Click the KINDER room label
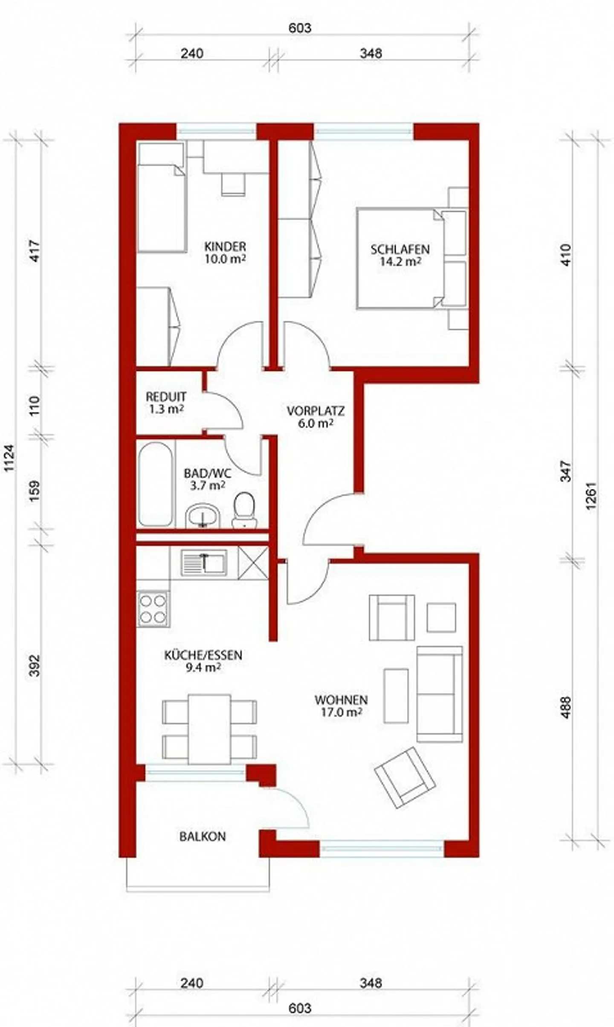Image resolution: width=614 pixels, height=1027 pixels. pyautogui.click(x=225, y=246)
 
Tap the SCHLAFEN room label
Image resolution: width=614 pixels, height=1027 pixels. pyautogui.click(x=400, y=249)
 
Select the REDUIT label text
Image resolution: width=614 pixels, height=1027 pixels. pyautogui.click(x=166, y=396)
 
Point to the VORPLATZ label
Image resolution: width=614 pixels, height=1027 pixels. pyautogui.click(x=316, y=411)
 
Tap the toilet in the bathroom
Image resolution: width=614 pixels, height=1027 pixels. pyautogui.click(x=244, y=510)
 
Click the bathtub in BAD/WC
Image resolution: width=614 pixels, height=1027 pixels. pyautogui.click(x=156, y=484)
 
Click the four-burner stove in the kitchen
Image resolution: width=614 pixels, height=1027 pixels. pyautogui.click(x=153, y=609)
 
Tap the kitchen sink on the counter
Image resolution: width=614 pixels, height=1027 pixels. pyautogui.click(x=204, y=563)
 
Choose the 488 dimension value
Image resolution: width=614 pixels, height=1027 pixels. pyautogui.click(x=565, y=707)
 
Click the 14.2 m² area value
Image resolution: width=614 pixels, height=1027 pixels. pyautogui.click(x=400, y=261)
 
